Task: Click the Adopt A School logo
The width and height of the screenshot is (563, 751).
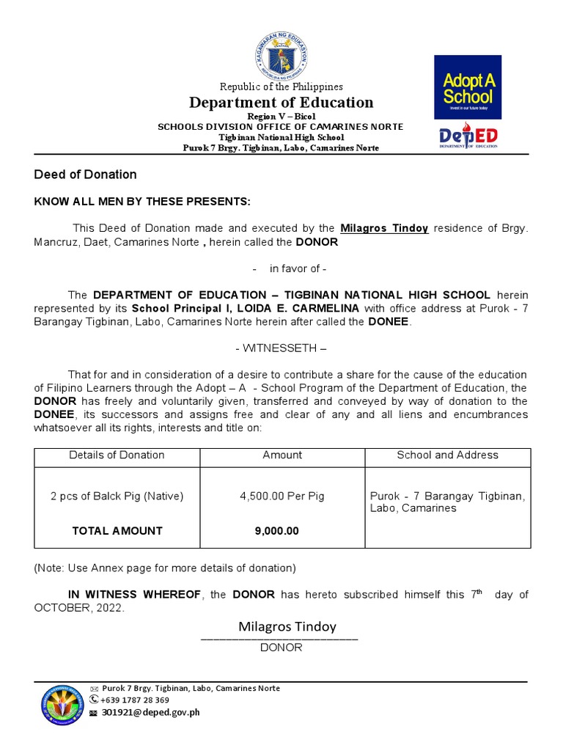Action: pos(468,87)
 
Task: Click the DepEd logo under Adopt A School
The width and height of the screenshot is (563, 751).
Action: pos(468,137)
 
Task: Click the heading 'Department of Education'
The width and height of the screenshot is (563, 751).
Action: pos(281,103)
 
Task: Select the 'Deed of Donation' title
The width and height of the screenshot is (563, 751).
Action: pos(85,175)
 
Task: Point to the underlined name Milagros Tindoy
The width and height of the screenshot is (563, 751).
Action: pos(384,228)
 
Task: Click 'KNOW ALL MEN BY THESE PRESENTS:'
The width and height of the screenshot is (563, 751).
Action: pos(142,202)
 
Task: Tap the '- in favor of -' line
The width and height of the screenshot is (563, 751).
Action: pos(281,268)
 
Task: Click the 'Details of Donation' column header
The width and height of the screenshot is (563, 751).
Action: pos(117,455)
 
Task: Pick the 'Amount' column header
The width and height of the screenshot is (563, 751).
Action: pos(282,455)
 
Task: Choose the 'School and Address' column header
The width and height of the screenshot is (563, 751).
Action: pos(447,455)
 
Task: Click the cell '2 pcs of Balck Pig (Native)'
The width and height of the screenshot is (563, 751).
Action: pos(117,496)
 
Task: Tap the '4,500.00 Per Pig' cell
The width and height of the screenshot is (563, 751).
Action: pos(282,496)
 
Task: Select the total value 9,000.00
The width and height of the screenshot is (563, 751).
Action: pos(277,531)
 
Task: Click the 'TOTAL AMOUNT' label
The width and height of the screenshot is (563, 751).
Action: pos(117,531)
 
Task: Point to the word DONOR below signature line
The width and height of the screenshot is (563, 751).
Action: pos(281,648)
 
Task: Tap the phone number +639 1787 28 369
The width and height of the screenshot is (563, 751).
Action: pos(135,700)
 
